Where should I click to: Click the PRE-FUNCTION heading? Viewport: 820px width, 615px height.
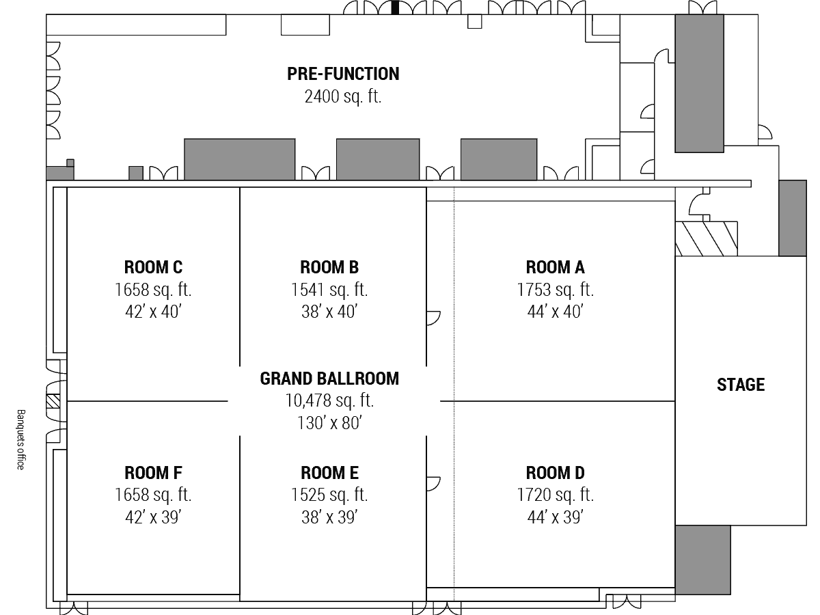(x=343, y=74)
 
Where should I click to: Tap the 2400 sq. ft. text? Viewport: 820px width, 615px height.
(x=343, y=96)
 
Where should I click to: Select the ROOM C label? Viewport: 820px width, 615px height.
(x=153, y=267)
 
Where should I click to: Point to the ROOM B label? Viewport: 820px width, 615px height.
(x=329, y=267)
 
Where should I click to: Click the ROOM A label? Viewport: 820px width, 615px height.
(x=555, y=267)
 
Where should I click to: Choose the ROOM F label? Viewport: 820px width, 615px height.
(x=153, y=473)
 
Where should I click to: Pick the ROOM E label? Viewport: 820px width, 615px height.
(x=329, y=473)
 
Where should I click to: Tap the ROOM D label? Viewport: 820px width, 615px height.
(x=555, y=473)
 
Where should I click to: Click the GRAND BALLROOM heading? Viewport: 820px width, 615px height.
(x=329, y=379)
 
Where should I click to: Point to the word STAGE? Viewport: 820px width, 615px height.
(x=741, y=385)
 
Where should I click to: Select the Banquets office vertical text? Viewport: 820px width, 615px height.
(x=21, y=439)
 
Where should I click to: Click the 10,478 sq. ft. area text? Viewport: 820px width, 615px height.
(x=329, y=400)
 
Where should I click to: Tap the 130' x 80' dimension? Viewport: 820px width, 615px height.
(x=329, y=423)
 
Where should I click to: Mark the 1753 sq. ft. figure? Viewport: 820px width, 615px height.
(x=555, y=290)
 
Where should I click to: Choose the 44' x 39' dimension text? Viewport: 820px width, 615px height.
(x=555, y=517)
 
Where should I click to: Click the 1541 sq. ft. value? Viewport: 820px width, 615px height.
(x=329, y=290)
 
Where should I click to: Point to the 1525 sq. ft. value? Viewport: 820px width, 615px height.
(x=329, y=495)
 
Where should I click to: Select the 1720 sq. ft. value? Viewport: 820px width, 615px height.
(x=555, y=495)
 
